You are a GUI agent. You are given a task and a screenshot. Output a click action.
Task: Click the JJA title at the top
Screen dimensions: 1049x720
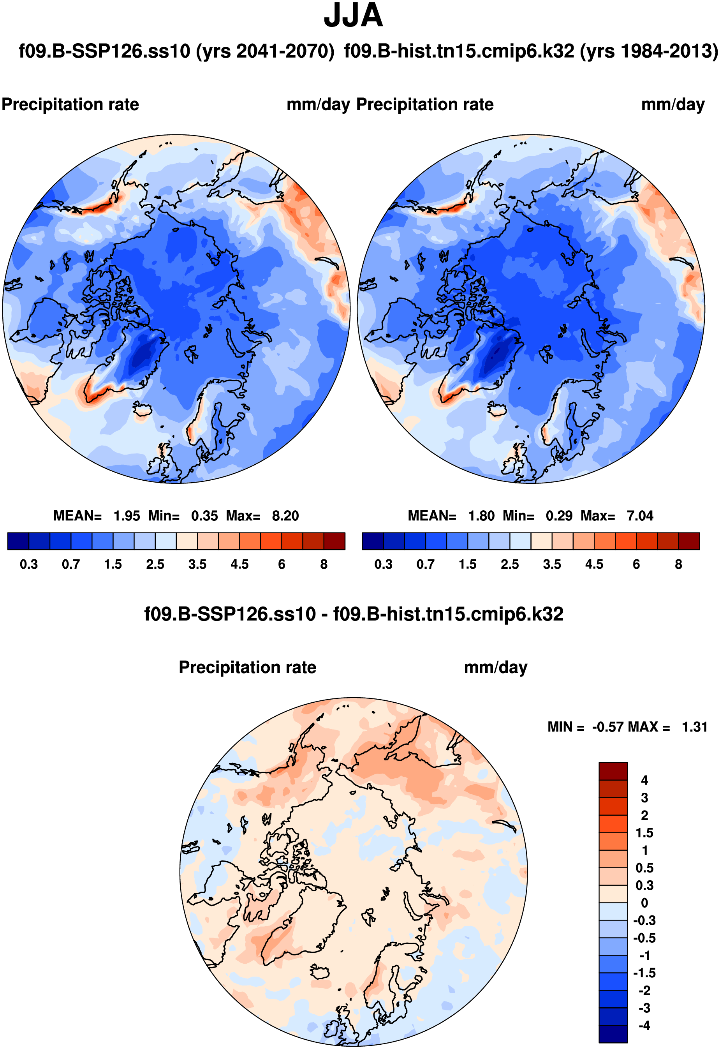[353, 16]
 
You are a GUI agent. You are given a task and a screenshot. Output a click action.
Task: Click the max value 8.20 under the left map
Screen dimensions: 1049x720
[285, 515]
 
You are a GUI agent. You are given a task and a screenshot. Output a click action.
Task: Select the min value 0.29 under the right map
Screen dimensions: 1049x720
[559, 515]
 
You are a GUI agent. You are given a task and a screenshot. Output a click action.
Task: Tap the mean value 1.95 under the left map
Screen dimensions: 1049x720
[127, 515]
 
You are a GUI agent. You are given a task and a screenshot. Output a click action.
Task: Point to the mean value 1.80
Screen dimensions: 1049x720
[481, 515]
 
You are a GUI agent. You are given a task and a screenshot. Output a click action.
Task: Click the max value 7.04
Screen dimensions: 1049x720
[640, 515]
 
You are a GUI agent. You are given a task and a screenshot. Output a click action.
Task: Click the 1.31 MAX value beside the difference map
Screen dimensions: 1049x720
[694, 727]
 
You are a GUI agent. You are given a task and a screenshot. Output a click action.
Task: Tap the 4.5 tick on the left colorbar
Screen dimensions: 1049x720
[239, 564]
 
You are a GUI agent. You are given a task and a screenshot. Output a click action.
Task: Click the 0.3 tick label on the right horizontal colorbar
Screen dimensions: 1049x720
[384, 564]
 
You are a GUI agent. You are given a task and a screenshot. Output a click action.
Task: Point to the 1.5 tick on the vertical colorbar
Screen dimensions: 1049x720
[644, 833]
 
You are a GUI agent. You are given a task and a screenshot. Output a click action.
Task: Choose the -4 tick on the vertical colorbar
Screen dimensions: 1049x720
[644, 1026]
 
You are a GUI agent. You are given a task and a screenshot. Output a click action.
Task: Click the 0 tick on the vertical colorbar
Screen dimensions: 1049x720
[644, 903]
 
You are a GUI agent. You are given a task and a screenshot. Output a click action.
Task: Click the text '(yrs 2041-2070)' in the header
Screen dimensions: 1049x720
[265, 51]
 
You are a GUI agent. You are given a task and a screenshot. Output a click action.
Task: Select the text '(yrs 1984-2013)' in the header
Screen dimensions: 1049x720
[649, 51]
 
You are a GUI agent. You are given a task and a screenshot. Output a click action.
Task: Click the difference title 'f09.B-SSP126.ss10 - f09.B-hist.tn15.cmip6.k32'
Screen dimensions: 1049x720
[353, 614]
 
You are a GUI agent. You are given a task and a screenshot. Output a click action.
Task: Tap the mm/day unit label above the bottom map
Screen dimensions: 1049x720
[495, 667]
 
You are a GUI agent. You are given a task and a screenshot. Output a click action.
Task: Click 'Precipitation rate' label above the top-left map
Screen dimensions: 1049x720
[70, 104]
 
